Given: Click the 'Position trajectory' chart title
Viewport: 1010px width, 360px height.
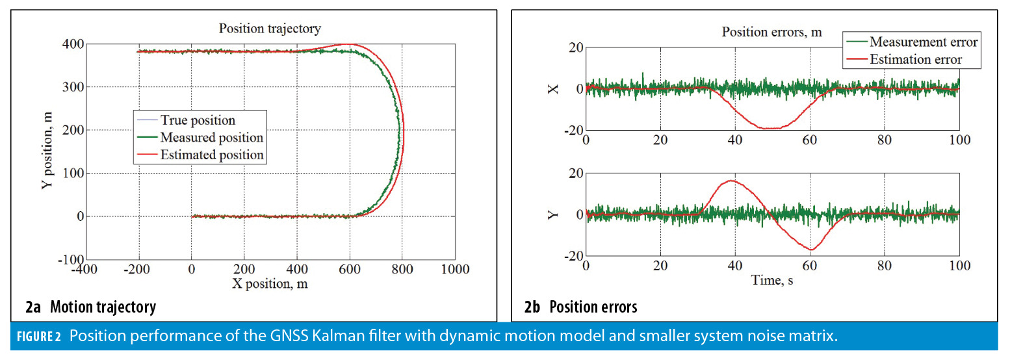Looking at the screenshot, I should tap(270, 29).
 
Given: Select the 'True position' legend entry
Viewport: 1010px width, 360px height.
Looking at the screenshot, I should tap(198, 120).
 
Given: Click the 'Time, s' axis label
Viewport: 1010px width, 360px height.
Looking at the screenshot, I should tap(772, 280).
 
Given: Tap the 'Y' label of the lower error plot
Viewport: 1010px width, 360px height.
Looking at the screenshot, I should tap(553, 214).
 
